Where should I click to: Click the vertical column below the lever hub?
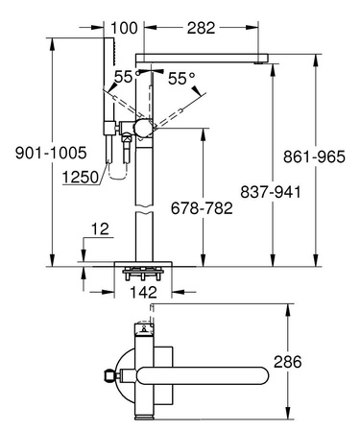pyautogui.click(x=143, y=192)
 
